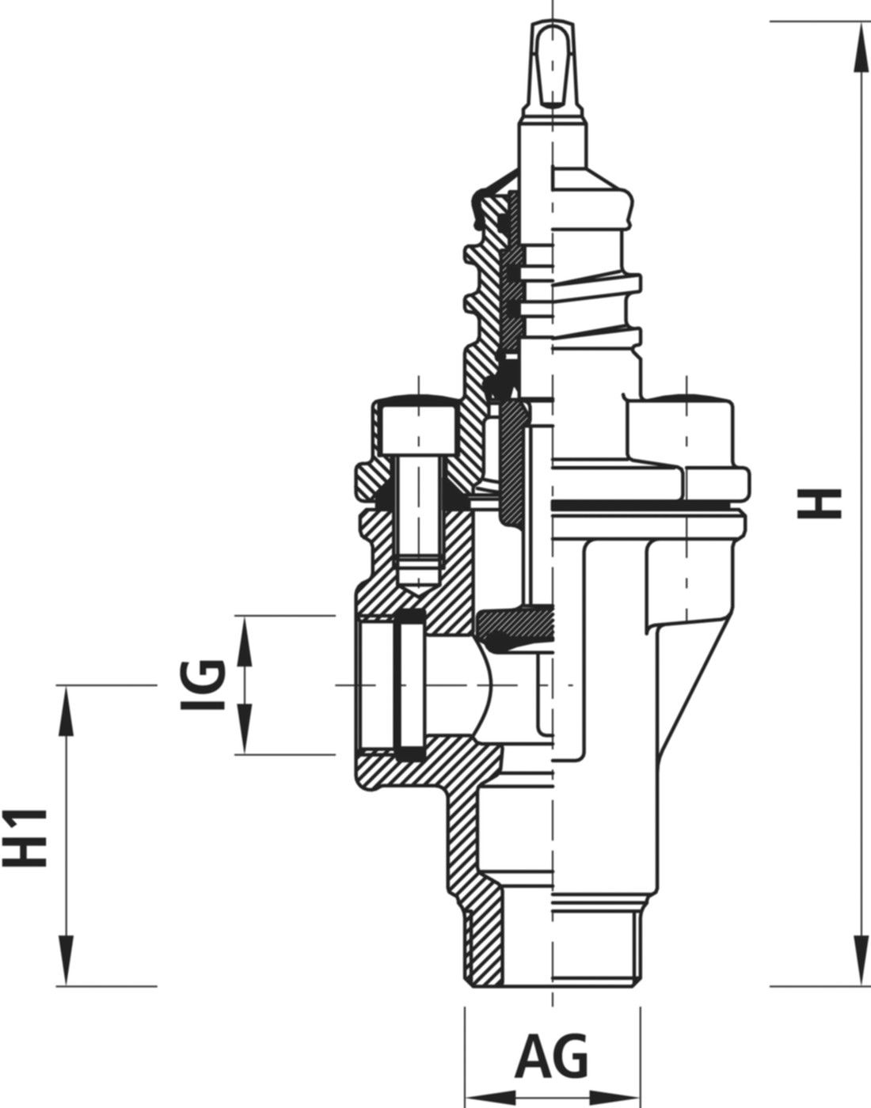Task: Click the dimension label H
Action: click(x=819, y=504)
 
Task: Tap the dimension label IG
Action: click(x=203, y=685)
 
